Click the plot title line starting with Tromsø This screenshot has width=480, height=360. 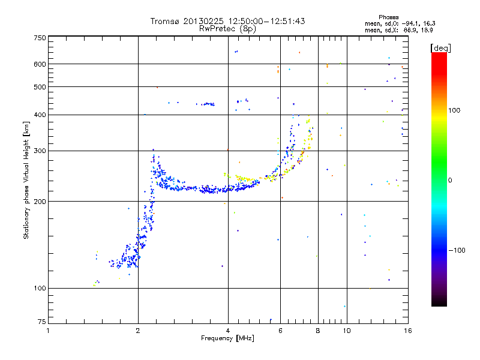(x=227, y=21)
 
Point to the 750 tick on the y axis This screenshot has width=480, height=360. (x=40, y=38)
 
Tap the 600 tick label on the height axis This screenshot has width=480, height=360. (x=40, y=64)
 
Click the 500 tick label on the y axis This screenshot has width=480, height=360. (x=40, y=87)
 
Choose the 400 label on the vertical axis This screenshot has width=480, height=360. (x=40, y=115)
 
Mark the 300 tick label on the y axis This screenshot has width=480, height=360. (x=40, y=151)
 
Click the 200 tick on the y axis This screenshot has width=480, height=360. (x=40, y=201)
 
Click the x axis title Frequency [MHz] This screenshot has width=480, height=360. (x=227, y=338)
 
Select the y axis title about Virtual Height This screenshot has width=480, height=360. (x=26, y=181)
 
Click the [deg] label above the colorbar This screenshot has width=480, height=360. (x=441, y=47)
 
